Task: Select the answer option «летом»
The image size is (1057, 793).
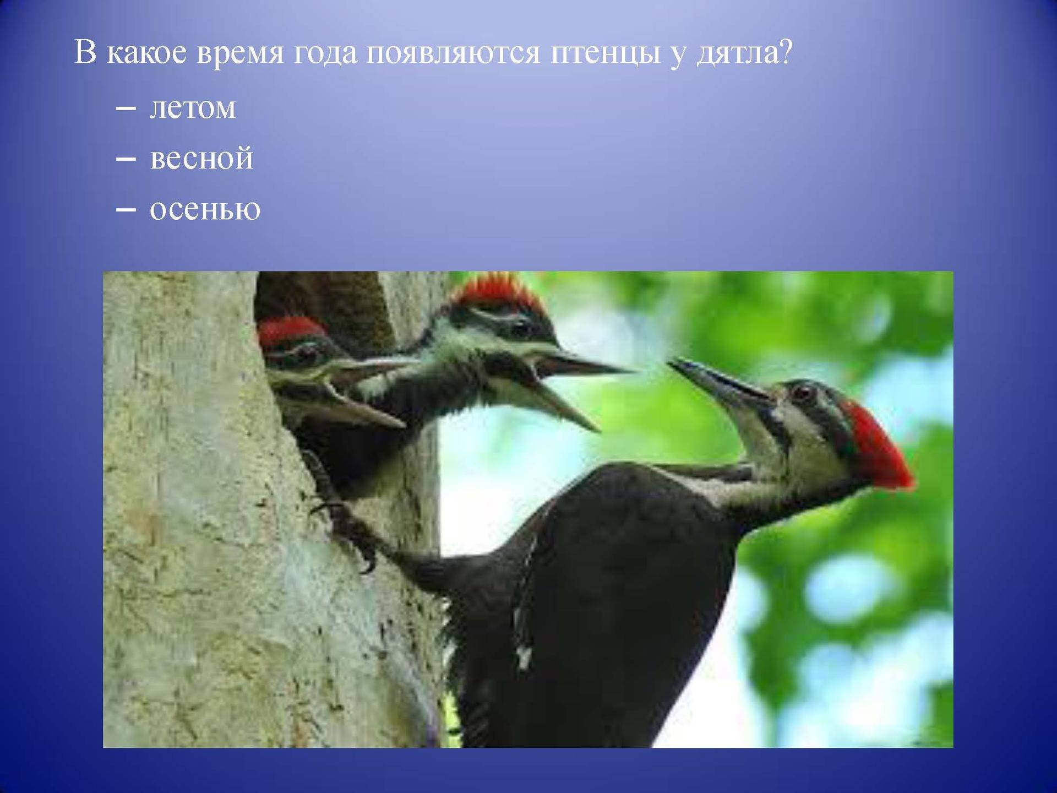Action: point(193,107)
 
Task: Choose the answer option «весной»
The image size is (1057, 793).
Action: point(201,158)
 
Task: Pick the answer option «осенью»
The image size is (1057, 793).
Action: point(205,209)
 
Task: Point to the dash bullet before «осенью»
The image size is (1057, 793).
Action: point(126,210)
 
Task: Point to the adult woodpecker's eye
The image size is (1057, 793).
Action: point(803,393)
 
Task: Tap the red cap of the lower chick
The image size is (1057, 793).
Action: point(289,331)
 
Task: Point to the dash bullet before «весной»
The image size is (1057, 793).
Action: point(126,159)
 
